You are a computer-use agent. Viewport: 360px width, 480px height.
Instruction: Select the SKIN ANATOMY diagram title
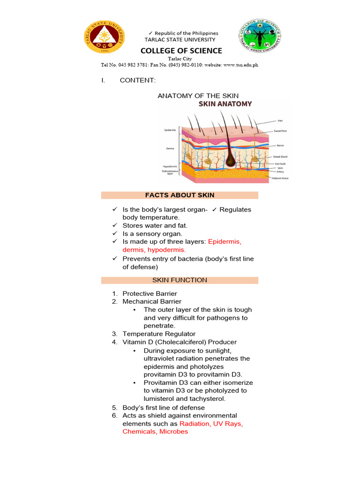225,104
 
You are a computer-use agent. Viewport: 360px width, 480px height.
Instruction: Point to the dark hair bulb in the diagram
230,161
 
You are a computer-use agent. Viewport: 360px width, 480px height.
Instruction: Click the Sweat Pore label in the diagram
281,131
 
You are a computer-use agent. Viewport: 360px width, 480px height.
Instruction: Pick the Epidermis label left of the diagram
170,130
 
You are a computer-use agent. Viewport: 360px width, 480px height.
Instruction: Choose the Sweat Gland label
281,157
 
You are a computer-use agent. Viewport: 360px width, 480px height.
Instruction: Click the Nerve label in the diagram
280,145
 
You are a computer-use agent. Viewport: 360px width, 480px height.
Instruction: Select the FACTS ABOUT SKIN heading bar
180,195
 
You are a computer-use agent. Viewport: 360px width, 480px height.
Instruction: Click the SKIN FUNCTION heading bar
180,280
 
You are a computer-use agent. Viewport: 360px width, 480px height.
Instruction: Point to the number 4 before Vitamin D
114,342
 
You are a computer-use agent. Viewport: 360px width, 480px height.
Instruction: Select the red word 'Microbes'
174,432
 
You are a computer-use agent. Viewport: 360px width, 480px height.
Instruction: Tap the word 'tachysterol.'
206,399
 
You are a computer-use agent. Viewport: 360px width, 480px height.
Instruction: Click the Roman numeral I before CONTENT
103,81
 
